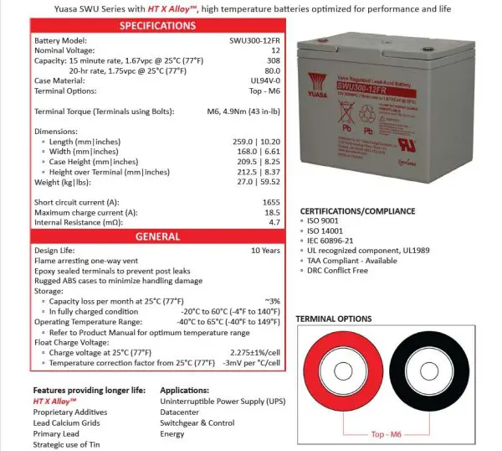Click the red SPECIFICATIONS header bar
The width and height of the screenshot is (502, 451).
[158, 26]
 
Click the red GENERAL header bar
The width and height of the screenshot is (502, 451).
[158, 236]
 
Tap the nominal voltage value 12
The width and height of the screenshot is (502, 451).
[275, 50]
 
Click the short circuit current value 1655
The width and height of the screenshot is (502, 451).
[269, 202]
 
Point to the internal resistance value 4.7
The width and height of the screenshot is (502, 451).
[274, 222]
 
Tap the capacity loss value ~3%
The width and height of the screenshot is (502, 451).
[271, 300]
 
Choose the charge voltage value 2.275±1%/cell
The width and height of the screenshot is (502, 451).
[248, 353]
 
